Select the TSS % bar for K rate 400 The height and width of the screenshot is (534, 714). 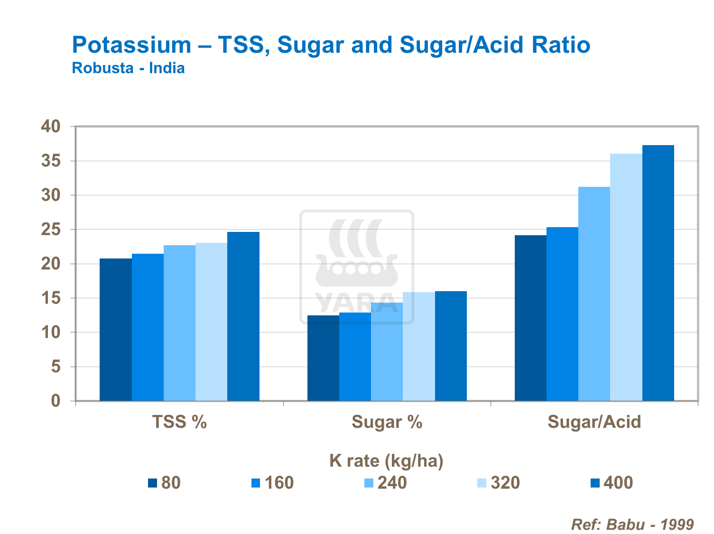tap(243, 316)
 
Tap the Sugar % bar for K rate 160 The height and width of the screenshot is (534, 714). tap(355, 357)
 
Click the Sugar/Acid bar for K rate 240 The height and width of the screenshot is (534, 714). tap(594, 294)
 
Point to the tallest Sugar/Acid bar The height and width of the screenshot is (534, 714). tap(658, 273)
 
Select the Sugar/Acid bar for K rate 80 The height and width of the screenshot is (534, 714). tap(530, 318)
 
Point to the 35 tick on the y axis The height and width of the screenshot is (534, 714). tap(51, 161)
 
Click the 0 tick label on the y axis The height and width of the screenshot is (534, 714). tap(56, 401)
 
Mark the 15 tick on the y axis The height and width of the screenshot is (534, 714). tap(51, 298)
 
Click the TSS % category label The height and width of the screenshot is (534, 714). tap(179, 422)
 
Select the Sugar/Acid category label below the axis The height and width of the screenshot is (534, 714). tap(594, 422)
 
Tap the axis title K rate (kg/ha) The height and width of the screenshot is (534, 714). tap(386, 460)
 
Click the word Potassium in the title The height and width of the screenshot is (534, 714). tap(131, 46)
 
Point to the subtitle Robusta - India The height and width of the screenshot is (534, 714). tap(128, 68)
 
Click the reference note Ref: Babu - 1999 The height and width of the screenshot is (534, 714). tap(632, 525)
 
